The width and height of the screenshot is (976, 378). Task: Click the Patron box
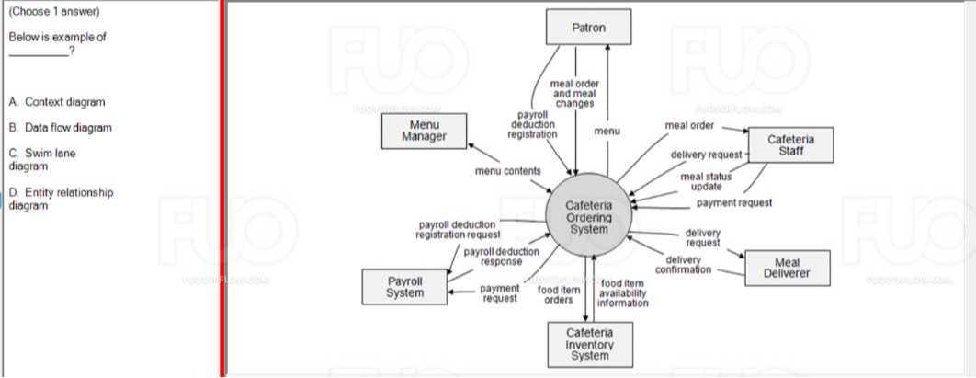point(588,27)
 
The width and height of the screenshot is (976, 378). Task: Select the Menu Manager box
point(424,131)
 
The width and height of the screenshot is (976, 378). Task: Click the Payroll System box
point(404,286)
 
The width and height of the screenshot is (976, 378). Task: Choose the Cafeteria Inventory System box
point(589,343)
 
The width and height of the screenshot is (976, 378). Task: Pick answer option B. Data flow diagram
point(61,128)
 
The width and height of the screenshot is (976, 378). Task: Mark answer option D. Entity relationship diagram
point(61,199)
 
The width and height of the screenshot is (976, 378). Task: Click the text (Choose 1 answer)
point(53,12)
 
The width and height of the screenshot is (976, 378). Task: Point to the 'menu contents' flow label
point(508,171)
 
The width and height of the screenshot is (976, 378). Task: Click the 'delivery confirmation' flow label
point(683,265)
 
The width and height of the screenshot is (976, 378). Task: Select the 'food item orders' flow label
point(558,294)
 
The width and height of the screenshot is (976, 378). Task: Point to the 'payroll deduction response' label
point(501,257)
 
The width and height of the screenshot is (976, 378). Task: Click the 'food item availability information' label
point(622,292)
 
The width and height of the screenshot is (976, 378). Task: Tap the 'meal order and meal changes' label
point(574,93)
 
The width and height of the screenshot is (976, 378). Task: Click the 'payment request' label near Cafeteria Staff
point(733,202)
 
